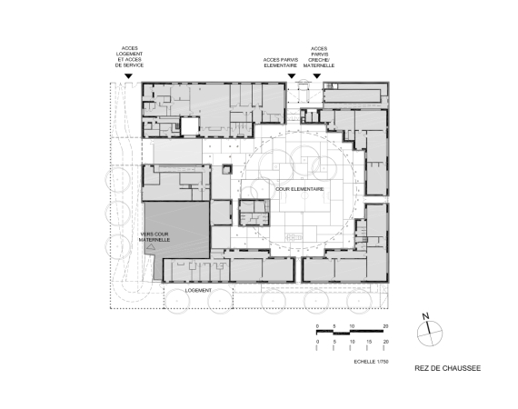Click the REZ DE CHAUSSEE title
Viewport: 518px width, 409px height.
click(448, 368)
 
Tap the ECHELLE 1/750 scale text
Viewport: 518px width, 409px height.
click(371, 362)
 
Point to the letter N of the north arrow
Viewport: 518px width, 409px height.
click(425, 316)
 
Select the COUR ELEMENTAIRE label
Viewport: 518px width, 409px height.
click(300, 189)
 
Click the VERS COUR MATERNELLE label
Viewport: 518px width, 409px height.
click(154, 237)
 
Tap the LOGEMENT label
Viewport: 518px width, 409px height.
click(198, 291)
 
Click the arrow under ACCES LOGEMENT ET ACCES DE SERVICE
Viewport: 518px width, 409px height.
click(128, 76)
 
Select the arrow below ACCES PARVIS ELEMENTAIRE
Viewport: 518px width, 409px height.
click(292, 76)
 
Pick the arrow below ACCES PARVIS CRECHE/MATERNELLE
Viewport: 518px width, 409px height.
click(317, 76)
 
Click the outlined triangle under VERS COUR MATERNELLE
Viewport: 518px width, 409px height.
click(151, 246)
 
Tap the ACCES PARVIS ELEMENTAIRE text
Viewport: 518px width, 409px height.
click(281, 63)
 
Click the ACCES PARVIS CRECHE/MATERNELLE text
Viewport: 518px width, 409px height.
click(319, 57)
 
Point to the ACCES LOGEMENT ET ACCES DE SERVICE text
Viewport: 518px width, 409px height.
click(129, 57)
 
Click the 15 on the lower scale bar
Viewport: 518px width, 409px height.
click(369, 342)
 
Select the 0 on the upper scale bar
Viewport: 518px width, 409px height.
click(317, 326)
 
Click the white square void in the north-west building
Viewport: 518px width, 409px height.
click(189, 127)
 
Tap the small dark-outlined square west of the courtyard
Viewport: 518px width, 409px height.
click(227, 169)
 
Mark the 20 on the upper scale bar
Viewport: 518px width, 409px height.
click(385, 326)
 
